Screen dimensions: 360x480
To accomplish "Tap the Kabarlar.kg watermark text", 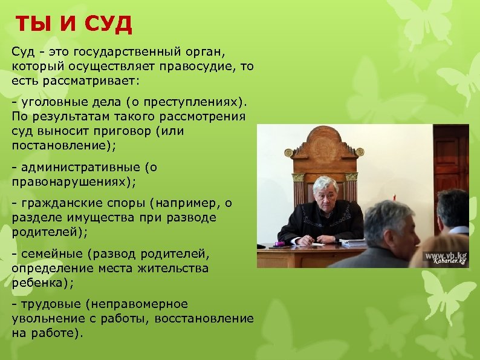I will click(449, 261).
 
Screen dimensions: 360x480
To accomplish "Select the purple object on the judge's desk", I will click(280, 244).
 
